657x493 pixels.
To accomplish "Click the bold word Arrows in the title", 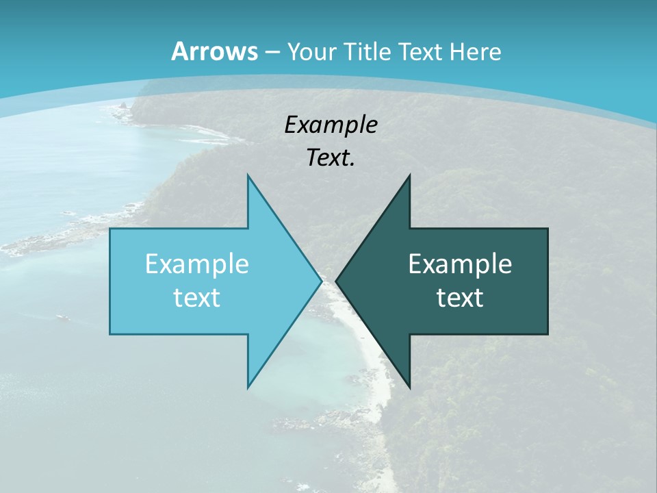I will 215,51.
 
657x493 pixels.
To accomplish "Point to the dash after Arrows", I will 272,52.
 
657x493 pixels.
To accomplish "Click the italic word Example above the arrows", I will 331,125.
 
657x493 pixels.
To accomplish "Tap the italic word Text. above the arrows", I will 331,158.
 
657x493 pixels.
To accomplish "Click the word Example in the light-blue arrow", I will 197,264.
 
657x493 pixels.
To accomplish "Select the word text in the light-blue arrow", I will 197,297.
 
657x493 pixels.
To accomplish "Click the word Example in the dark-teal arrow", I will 460,264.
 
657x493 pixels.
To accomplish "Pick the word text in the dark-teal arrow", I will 460,297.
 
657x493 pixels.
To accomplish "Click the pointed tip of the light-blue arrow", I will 321,281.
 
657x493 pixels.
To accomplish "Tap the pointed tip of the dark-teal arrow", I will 336,281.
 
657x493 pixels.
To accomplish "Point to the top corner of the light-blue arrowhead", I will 248,175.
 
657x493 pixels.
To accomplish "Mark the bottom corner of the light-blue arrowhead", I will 248,387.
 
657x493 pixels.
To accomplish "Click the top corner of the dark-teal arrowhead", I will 409,175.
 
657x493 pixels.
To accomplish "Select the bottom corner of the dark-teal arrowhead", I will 409,387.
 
